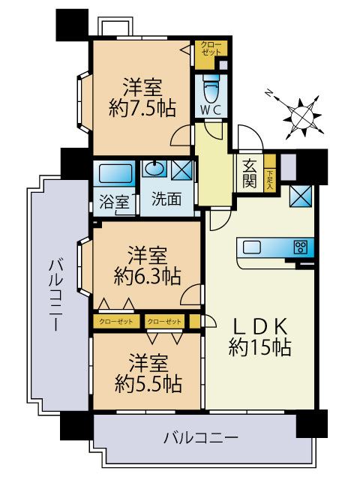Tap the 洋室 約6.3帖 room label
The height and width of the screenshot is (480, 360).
click(147, 265)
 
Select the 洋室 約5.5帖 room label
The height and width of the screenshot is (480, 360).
click(147, 373)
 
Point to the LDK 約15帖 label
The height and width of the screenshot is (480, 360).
click(259, 336)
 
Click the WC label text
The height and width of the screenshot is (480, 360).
click(210, 109)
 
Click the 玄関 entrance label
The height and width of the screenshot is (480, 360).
click(250, 174)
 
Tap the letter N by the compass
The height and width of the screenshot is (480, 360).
click(269, 93)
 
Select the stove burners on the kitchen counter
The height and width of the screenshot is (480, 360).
click(301, 247)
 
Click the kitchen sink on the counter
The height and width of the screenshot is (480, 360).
click(251, 247)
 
